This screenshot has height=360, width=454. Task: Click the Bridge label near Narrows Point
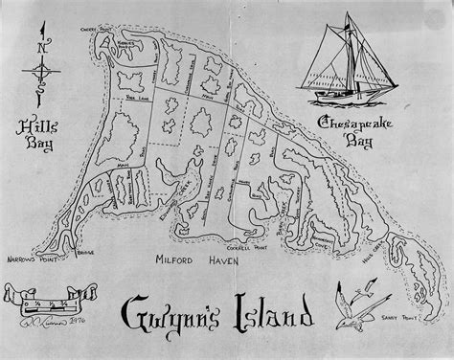(88, 254)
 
